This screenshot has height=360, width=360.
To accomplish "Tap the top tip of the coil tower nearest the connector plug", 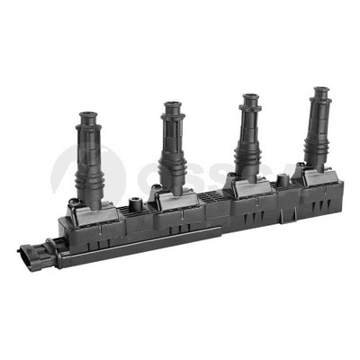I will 87,117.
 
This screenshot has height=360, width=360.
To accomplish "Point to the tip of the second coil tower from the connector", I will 172,105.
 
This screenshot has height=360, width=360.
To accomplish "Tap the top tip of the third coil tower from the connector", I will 247,97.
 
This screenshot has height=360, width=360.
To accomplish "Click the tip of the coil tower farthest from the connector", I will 319,90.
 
